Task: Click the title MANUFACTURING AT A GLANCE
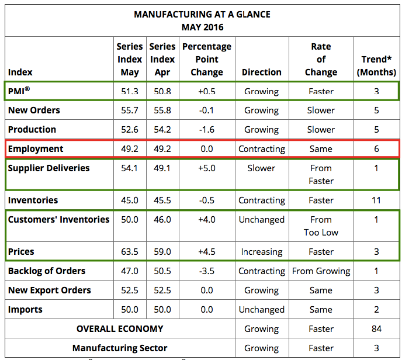click(202, 14)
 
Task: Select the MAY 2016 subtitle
click(202, 27)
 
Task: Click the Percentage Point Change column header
click(207, 59)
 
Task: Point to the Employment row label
click(36, 149)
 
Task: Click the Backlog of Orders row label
click(47, 271)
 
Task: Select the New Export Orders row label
click(50, 290)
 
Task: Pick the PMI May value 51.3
click(129, 91)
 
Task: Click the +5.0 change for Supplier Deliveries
click(207, 168)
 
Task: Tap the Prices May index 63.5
click(129, 252)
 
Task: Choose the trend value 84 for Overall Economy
click(376, 329)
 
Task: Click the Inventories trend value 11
click(376, 200)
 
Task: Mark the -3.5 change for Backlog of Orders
click(207, 271)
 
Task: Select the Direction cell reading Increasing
click(262, 252)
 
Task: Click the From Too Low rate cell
click(321, 226)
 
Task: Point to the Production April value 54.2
click(162, 130)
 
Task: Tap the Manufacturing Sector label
click(120, 348)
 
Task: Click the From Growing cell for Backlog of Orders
click(321, 271)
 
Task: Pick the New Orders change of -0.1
click(207, 110)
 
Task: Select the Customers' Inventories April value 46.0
click(162, 220)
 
